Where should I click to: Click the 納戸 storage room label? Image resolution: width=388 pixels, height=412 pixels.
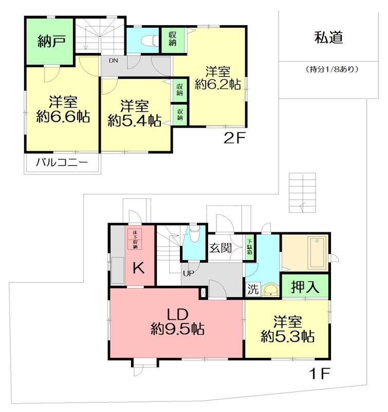(51, 42)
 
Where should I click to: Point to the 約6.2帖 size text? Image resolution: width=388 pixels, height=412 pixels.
(218, 85)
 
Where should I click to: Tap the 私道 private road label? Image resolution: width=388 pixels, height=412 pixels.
(328, 38)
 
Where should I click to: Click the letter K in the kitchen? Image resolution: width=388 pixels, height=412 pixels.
(139, 268)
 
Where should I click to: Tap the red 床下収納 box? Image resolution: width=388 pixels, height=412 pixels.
(135, 239)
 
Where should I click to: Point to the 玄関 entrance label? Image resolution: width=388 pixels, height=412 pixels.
(220, 248)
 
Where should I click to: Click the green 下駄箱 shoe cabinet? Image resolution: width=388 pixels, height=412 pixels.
(249, 246)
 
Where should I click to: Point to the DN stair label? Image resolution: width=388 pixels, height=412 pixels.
(113, 61)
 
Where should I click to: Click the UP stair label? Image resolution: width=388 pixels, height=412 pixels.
(187, 273)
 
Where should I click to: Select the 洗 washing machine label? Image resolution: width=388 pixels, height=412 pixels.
(253, 289)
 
